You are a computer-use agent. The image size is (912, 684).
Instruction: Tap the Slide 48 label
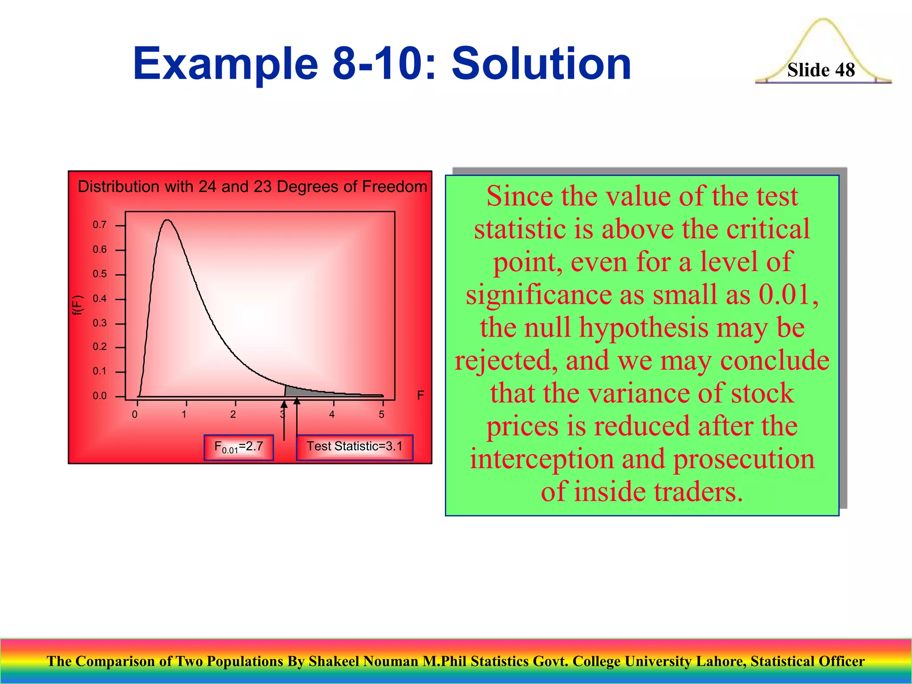coord(821,70)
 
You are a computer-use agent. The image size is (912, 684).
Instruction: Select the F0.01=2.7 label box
coord(239,447)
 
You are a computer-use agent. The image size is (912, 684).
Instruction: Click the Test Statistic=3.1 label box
coord(354,447)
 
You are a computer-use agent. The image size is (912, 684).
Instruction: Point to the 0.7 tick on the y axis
coord(100,225)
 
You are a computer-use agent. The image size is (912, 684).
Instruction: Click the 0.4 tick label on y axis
coord(100,299)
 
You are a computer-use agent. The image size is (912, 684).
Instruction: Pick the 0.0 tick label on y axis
coord(100,396)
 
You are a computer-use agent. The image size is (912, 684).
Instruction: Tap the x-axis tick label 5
coord(382,415)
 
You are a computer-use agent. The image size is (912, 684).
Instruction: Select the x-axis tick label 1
coord(184,415)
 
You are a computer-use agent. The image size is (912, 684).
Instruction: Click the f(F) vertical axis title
coord(78,305)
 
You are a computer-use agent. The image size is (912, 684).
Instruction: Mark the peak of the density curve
coord(167,220)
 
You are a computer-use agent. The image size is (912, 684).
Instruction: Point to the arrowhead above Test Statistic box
coord(297,402)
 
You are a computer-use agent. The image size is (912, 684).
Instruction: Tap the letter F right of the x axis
coord(420,395)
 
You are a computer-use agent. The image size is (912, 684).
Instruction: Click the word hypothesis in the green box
coord(644,328)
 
